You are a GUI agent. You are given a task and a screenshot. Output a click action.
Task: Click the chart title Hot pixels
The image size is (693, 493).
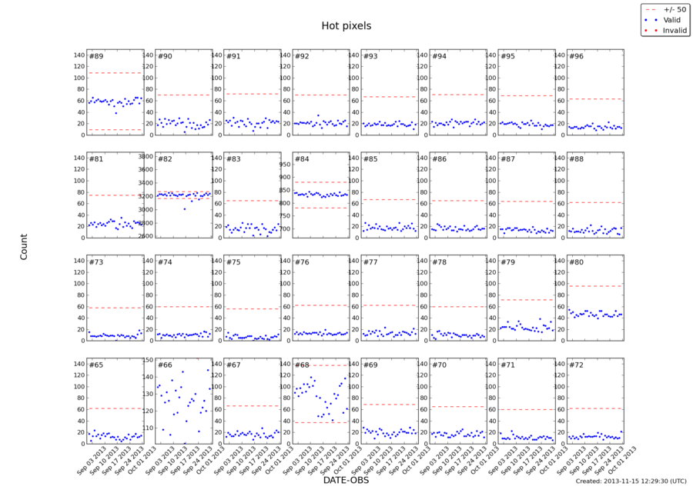(x=346, y=26)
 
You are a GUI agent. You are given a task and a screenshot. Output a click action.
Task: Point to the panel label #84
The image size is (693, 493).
(x=301, y=159)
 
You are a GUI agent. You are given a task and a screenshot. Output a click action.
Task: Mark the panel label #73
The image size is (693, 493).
(x=96, y=262)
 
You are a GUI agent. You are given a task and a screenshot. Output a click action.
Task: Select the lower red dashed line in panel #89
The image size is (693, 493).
(x=115, y=130)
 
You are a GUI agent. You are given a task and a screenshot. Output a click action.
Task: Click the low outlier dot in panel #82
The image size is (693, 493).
(x=184, y=208)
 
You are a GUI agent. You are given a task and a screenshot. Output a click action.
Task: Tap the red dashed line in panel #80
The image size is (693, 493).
(x=594, y=286)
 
